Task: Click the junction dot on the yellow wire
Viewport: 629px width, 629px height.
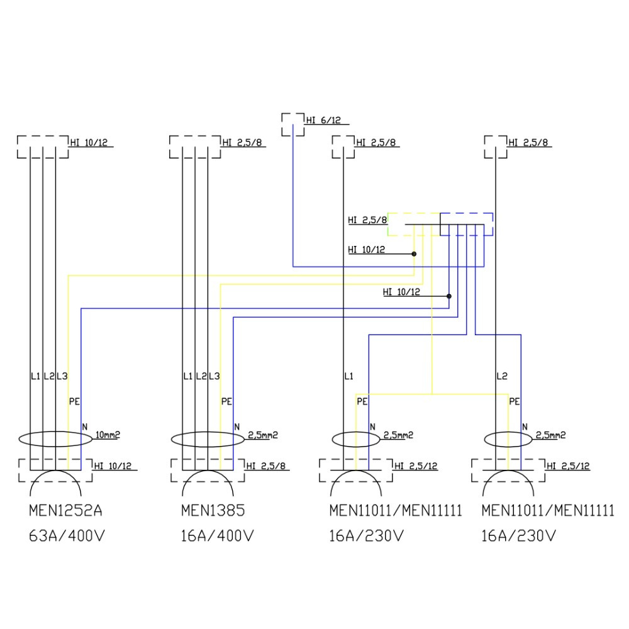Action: [x=414, y=254]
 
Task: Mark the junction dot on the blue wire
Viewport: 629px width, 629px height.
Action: [x=449, y=296]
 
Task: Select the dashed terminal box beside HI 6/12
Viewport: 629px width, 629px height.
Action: [x=292, y=125]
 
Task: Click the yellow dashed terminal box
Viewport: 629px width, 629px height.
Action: [x=412, y=224]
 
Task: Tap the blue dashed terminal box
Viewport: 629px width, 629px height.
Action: [x=467, y=224]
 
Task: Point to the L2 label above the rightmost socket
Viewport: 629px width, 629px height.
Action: [x=502, y=377]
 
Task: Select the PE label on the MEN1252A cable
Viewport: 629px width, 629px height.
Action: [x=74, y=401]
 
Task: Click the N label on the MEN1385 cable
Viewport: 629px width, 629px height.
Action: [x=237, y=427]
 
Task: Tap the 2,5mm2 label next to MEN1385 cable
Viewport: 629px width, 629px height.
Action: [x=262, y=435]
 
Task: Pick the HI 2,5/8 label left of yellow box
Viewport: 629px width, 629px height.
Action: [x=367, y=220]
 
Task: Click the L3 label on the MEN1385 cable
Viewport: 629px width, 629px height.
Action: [x=214, y=377]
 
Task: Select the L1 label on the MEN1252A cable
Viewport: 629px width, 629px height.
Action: [x=35, y=377]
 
